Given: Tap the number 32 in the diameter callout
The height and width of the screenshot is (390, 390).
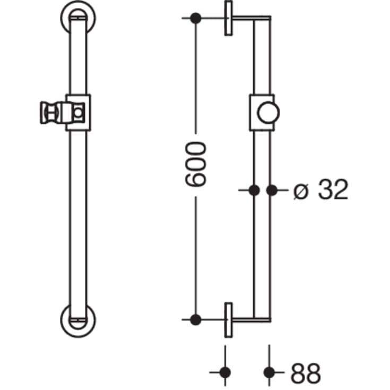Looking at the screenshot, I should tap(333, 190).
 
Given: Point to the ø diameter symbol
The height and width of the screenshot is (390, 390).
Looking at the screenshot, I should tap(300, 190).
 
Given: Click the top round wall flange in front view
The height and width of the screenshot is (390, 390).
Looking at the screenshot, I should tap(78, 18).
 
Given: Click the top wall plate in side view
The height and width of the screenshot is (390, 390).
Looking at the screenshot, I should tap(229, 18).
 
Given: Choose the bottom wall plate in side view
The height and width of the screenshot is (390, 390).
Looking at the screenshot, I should tap(229, 320).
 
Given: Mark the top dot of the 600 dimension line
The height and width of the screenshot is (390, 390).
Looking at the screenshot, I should tap(195, 18).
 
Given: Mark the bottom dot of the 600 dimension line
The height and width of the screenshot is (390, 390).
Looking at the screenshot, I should tap(195, 319).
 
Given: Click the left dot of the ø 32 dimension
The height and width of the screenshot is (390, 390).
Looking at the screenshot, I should tap(254, 190).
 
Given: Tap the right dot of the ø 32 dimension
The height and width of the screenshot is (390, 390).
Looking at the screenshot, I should tap(271, 190).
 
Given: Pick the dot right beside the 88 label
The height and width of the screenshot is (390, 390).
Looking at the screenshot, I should tap(270, 372).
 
